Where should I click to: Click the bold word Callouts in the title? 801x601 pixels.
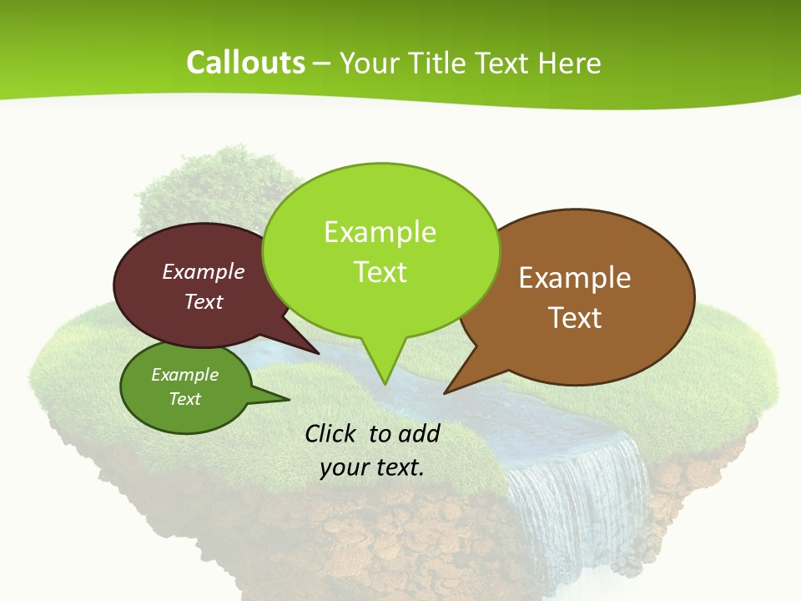point(245,63)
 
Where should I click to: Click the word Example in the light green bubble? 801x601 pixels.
point(380,232)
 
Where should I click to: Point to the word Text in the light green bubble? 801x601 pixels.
point(380,271)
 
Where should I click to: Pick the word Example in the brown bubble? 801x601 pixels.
point(575,278)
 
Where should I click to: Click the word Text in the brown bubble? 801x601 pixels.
point(575,317)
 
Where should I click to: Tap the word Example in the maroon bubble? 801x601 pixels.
point(204,271)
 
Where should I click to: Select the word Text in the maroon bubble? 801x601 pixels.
point(204,301)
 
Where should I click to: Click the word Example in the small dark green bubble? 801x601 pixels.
point(185,375)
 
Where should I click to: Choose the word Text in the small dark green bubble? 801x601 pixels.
point(185,399)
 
